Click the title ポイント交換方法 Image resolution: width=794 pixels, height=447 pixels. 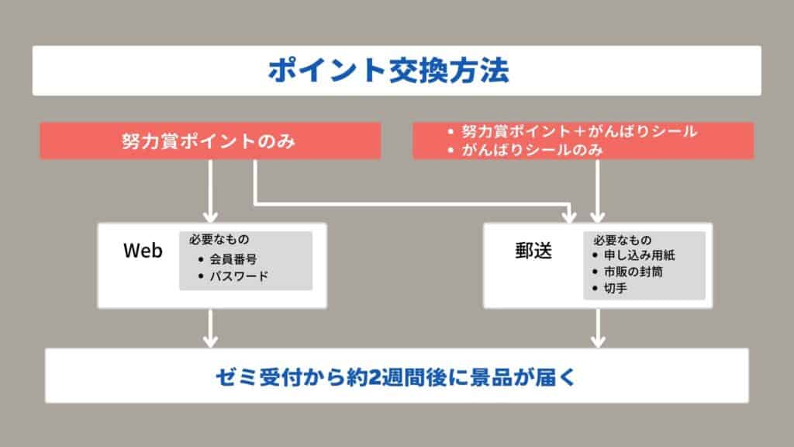pyautogui.click(x=388, y=71)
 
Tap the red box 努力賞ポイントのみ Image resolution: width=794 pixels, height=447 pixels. pyautogui.click(x=210, y=141)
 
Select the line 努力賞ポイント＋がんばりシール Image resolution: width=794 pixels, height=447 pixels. pyautogui.click(x=579, y=132)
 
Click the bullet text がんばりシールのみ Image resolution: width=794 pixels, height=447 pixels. pyautogui.click(x=532, y=150)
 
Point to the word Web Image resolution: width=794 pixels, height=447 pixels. pyautogui.click(x=143, y=251)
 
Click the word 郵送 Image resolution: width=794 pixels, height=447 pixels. pyautogui.click(x=533, y=251)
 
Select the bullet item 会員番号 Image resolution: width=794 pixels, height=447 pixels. pyautogui.click(x=233, y=259)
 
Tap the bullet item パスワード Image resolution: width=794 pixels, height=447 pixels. pyautogui.click(x=239, y=276)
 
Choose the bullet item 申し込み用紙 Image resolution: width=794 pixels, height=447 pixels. pyautogui.click(x=639, y=255)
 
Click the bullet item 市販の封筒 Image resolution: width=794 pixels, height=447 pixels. pyautogui.click(x=633, y=272)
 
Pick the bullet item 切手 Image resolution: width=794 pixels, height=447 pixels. pyautogui.click(x=615, y=288)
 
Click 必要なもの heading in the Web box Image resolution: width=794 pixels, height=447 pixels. pyautogui.click(x=219, y=239)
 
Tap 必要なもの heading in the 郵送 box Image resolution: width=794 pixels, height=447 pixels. pyautogui.click(x=623, y=240)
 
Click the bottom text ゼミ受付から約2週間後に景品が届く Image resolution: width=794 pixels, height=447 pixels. pyautogui.click(x=395, y=377)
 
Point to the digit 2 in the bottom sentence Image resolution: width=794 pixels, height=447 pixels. pyautogui.click(x=375, y=378)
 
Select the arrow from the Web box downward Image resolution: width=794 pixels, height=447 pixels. pyautogui.click(x=210, y=328)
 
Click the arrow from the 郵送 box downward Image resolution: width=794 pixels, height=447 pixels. pyautogui.click(x=598, y=328)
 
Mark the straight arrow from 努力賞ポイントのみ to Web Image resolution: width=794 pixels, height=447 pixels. pyautogui.click(x=210, y=191)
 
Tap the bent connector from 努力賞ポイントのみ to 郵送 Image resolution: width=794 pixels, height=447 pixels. pyautogui.click(x=412, y=204)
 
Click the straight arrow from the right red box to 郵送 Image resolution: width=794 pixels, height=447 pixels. pyautogui.click(x=598, y=191)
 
